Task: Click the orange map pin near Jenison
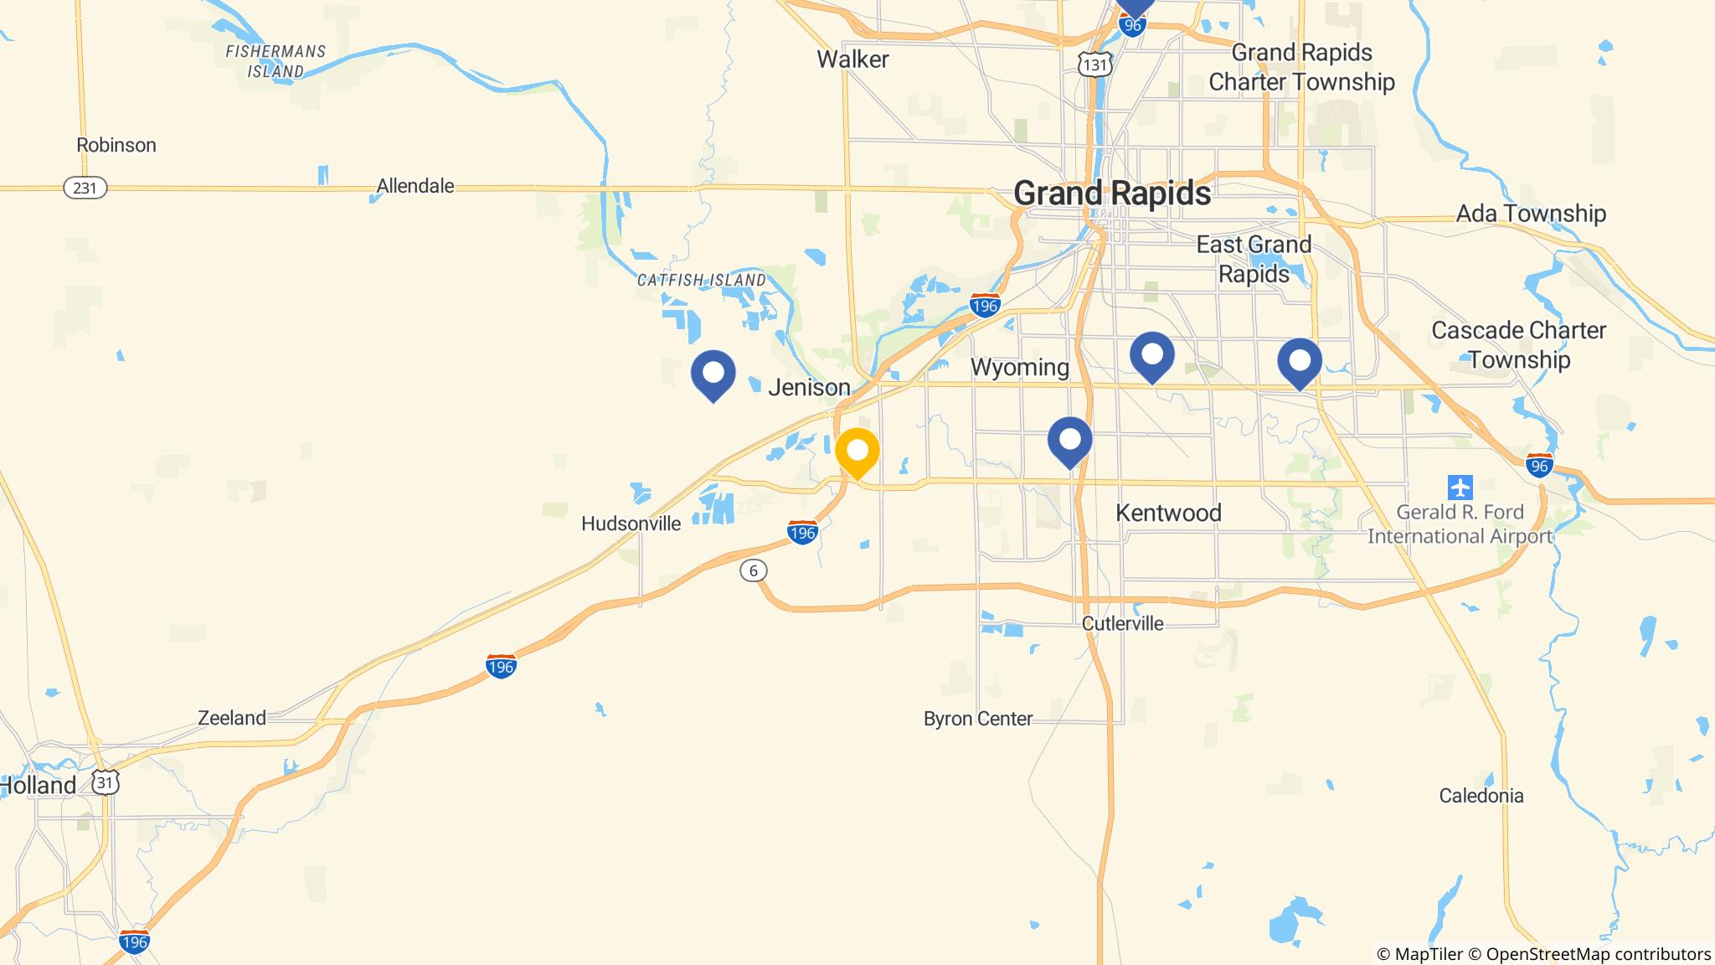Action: (x=857, y=452)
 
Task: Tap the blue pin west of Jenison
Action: (x=713, y=373)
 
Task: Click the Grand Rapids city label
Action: (x=1112, y=194)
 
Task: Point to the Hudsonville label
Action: (x=631, y=524)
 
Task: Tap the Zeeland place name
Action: (x=232, y=718)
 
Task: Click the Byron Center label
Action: (x=977, y=719)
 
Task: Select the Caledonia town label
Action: (x=1481, y=796)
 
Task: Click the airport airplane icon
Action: (x=1460, y=487)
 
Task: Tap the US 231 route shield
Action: (x=85, y=188)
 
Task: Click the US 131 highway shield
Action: (x=1095, y=65)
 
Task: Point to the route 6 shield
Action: (x=754, y=571)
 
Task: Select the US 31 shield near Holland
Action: (x=106, y=782)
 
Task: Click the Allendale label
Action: (x=415, y=186)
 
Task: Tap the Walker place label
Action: (x=852, y=59)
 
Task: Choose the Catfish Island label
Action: (x=701, y=280)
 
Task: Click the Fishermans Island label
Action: (x=276, y=61)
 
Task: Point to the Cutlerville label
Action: (x=1122, y=623)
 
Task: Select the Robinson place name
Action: (x=116, y=145)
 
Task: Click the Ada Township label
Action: (x=1531, y=214)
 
